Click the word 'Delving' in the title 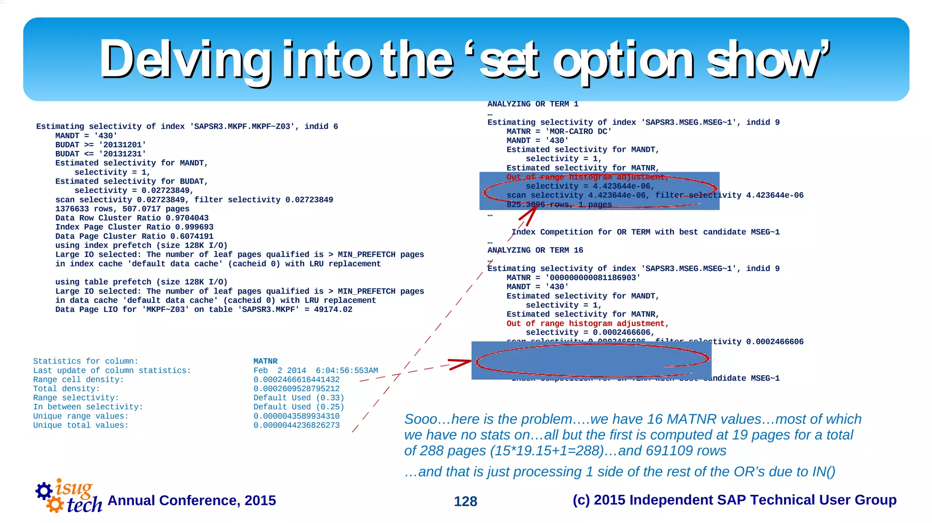[x=184, y=59]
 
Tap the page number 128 [x=465, y=501]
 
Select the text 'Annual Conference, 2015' [x=192, y=500]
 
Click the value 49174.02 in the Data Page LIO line [x=333, y=310]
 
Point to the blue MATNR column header [x=265, y=361]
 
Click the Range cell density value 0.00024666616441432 [x=296, y=380]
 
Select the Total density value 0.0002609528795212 [x=296, y=389]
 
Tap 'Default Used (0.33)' [x=299, y=398]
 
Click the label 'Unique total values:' [x=81, y=425]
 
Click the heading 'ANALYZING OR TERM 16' [x=535, y=250]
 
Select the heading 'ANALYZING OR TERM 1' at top [x=533, y=104]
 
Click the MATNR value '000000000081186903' [x=593, y=278]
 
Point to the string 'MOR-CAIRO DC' [x=578, y=131]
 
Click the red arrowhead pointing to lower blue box [x=461, y=363]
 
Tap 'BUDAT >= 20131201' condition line [x=101, y=145]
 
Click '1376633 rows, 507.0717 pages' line [x=122, y=209]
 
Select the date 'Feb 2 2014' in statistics [x=279, y=371]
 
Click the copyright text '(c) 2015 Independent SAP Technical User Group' [x=734, y=500]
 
